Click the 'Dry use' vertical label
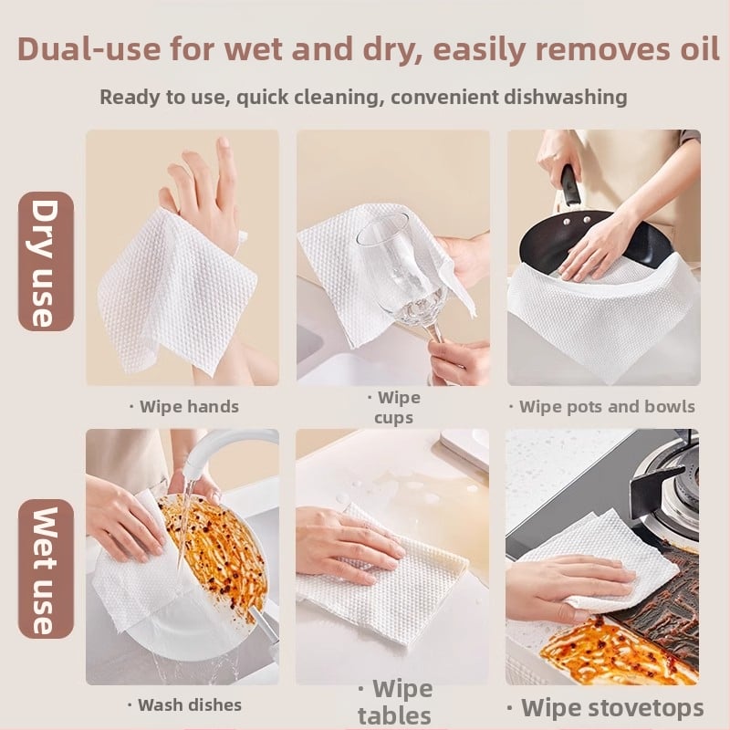coord(46,262)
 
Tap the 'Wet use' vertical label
coord(46,568)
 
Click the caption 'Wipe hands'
coord(184,406)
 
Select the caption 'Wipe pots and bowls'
coord(602,406)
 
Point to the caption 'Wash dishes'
coord(185,704)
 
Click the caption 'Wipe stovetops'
coord(606,708)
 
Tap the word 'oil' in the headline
coord(700,48)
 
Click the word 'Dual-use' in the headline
coord(89,48)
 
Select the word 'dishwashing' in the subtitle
coord(566,97)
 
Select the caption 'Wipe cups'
coord(394,407)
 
